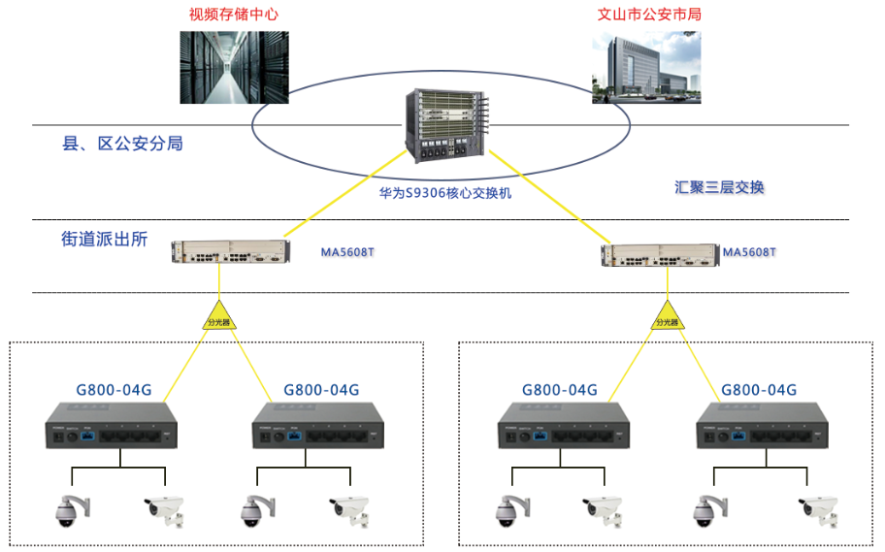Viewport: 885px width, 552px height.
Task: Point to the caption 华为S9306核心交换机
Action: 445,193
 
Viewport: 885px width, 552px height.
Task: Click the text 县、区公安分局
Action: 122,144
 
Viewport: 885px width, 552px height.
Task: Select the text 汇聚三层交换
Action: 719,186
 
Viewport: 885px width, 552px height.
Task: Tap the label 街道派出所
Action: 105,239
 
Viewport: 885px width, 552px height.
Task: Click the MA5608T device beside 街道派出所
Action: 228,252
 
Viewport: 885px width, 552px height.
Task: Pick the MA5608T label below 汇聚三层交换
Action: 750,252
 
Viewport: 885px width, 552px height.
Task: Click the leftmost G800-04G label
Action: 114,390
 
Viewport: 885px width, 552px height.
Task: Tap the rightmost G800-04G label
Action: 759,390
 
